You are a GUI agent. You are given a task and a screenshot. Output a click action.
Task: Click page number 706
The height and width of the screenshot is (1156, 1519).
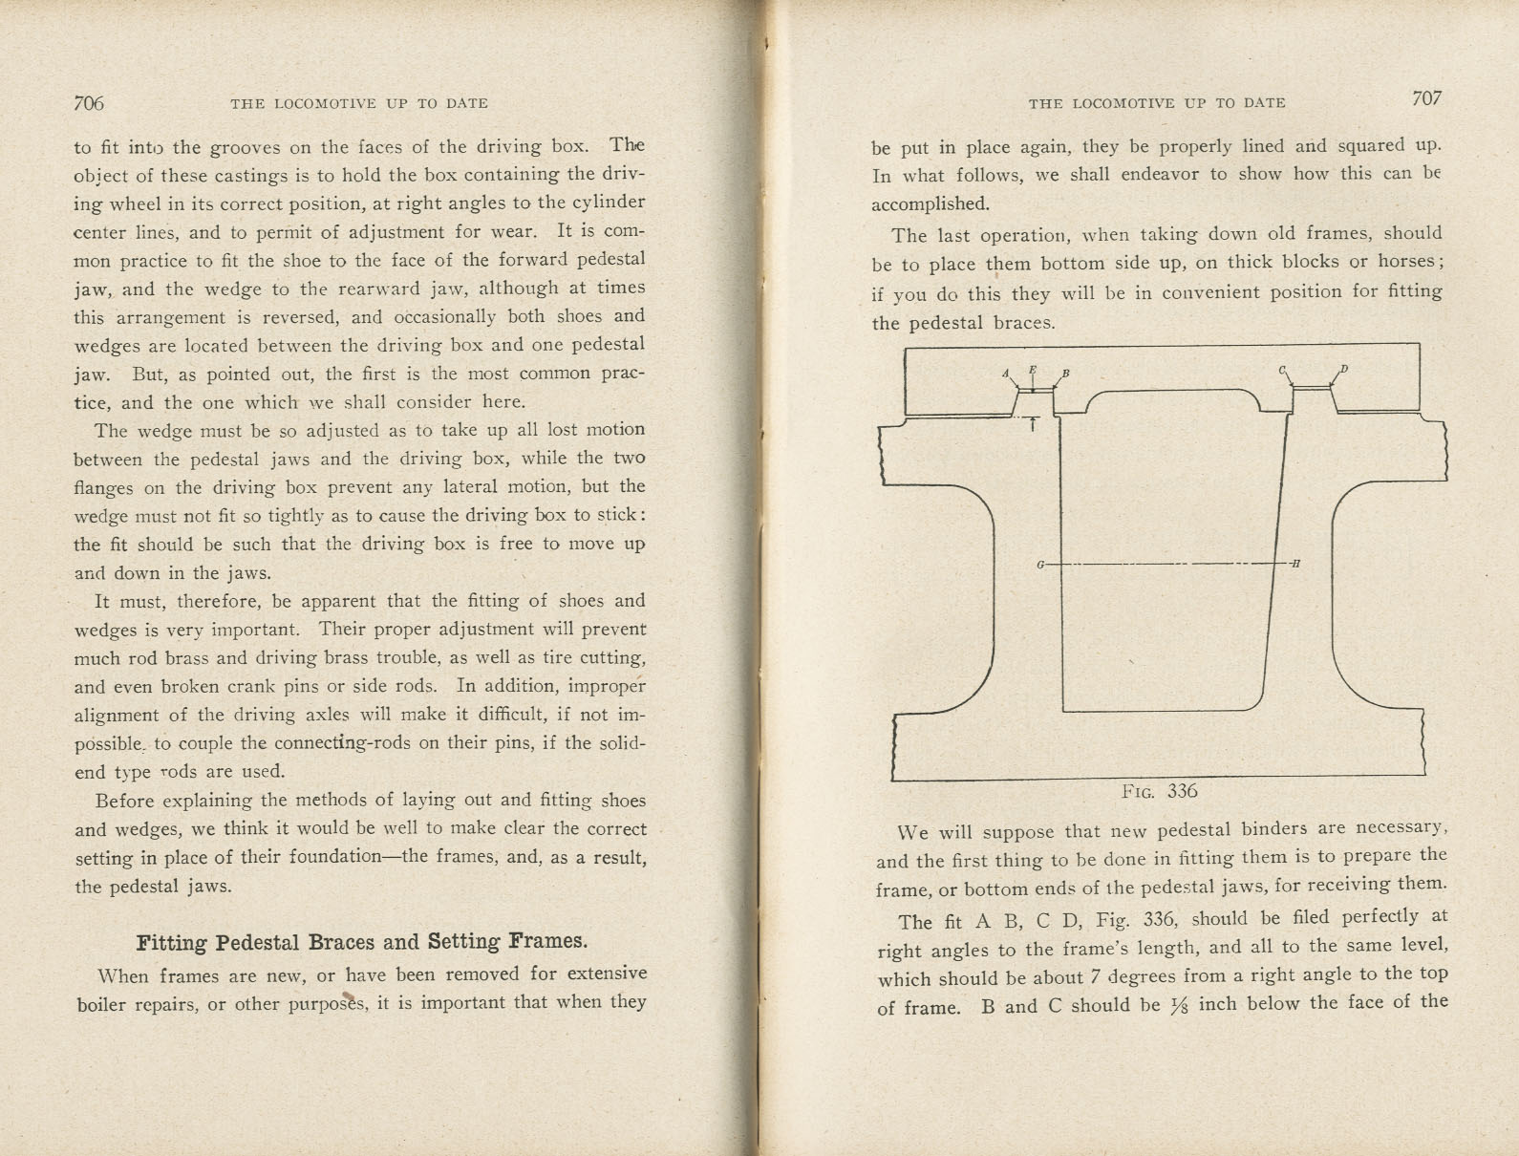89,103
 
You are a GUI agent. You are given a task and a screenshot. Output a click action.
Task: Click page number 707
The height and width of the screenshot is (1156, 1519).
1425,98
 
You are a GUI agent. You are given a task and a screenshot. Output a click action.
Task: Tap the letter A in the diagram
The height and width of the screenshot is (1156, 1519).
1005,373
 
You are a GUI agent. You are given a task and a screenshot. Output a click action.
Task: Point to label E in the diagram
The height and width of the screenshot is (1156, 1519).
1032,369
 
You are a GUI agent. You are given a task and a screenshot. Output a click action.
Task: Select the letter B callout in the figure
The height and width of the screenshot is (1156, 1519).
1066,373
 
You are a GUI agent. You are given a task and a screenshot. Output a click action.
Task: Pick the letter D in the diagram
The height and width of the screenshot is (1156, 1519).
1344,369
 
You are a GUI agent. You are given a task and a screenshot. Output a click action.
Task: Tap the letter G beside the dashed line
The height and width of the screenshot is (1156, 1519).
1040,565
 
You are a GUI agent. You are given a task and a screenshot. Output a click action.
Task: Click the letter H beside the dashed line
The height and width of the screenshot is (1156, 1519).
1295,564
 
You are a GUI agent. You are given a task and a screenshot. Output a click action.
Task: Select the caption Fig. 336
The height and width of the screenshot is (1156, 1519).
1159,791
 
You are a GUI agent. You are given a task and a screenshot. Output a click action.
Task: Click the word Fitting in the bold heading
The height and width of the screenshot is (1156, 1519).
172,943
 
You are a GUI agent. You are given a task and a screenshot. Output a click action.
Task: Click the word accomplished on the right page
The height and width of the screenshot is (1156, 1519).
930,203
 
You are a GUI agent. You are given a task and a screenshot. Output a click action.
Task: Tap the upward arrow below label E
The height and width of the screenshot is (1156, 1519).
1033,424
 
